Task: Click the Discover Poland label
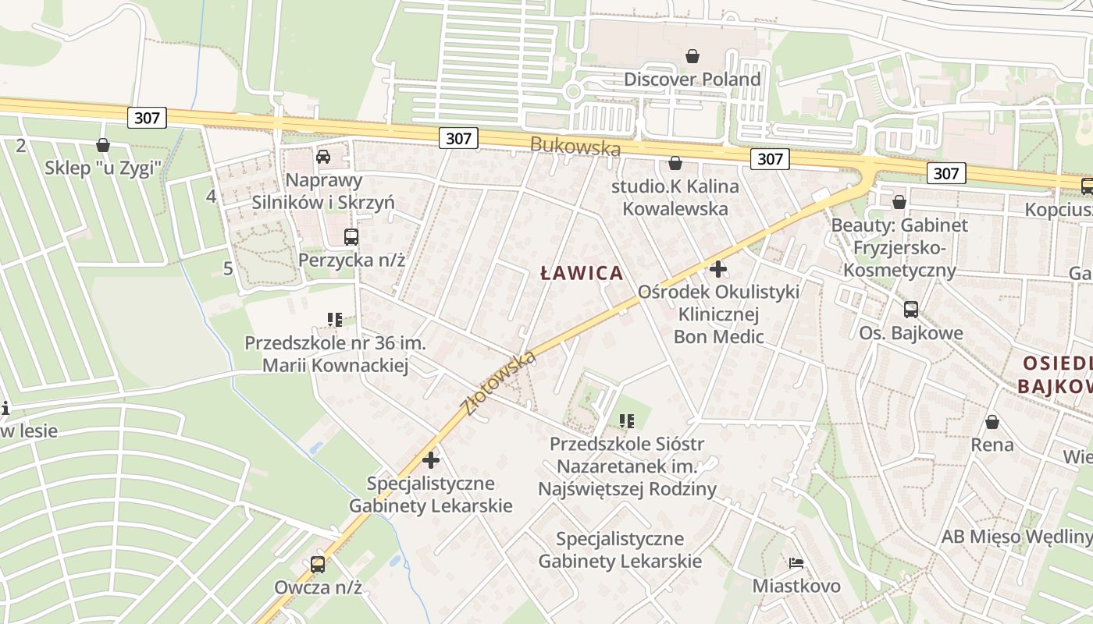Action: pyautogui.click(x=692, y=80)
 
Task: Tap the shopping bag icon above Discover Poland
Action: pyautogui.click(x=692, y=56)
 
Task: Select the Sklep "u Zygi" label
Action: pyautogui.click(x=102, y=167)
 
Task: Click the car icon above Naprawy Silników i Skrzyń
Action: pyautogui.click(x=323, y=156)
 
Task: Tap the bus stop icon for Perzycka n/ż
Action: pyautogui.click(x=351, y=236)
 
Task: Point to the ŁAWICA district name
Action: pyautogui.click(x=582, y=273)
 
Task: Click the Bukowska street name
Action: pyautogui.click(x=575, y=146)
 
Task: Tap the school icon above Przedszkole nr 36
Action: pyautogui.click(x=335, y=319)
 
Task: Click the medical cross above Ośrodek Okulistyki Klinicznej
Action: pyautogui.click(x=718, y=269)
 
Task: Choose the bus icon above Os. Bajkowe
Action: pyautogui.click(x=911, y=309)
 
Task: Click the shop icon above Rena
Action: pyautogui.click(x=992, y=422)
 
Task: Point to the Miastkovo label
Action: pyautogui.click(x=796, y=586)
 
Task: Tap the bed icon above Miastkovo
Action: pyautogui.click(x=796, y=562)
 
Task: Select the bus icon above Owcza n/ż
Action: pyautogui.click(x=318, y=564)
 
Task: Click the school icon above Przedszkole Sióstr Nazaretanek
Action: pyautogui.click(x=626, y=421)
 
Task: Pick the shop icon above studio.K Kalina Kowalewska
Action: pyautogui.click(x=675, y=163)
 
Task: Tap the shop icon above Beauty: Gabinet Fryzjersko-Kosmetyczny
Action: pyautogui.click(x=899, y=202)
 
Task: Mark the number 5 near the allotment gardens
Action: pyautogui.click(x=228, y=268)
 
